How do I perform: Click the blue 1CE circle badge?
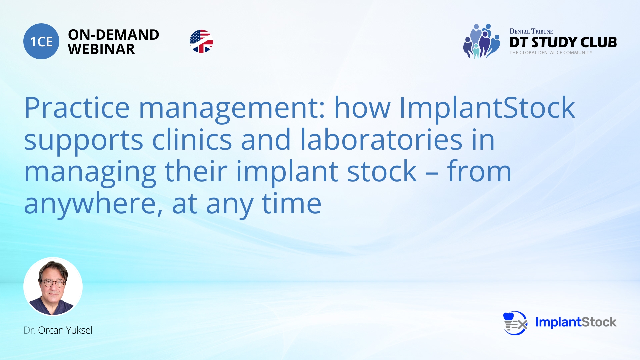[41, 41]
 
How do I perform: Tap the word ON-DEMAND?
[113, 35]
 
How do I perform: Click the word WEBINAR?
[101, 49]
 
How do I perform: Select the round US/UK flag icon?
[201, 41]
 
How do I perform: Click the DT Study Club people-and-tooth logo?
[482, 41]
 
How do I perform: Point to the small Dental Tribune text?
[531, 31]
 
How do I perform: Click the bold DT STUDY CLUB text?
[563, 42]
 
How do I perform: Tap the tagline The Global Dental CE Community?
[551, 53]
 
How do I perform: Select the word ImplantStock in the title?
[487, 108]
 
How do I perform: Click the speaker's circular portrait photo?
[53, 286]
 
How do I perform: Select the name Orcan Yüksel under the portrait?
[65, 330]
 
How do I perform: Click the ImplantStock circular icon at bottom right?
[515, 323]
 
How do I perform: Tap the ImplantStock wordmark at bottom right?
[576, 322]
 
